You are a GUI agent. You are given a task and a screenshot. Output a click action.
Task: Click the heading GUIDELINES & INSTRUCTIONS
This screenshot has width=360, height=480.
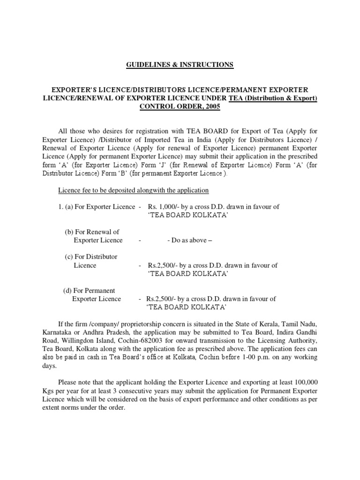click(180, 65)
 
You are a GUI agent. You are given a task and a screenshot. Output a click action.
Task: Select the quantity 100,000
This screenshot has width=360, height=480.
click(300, 382)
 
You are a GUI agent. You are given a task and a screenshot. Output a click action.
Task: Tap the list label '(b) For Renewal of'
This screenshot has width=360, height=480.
click(92, 232)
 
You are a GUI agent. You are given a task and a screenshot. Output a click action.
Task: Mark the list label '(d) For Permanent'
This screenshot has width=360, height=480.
click(89, 290)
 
